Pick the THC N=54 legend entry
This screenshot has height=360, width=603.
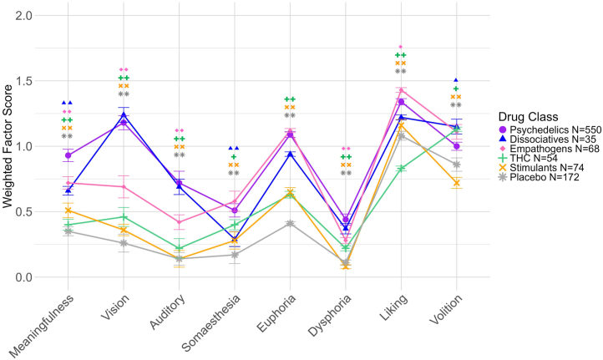[x=531, y=166]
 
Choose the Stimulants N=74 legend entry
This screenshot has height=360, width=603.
[x=540, y=178]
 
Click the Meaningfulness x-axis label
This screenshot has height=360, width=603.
[x=43, y=322]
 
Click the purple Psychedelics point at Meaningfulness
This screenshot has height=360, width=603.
[x=68, y=155]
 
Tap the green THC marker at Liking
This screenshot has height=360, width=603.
[x=401, y=169]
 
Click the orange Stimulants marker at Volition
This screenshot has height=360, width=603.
[x=457, y=183]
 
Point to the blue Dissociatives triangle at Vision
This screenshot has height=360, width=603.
[x=124, y=115]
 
